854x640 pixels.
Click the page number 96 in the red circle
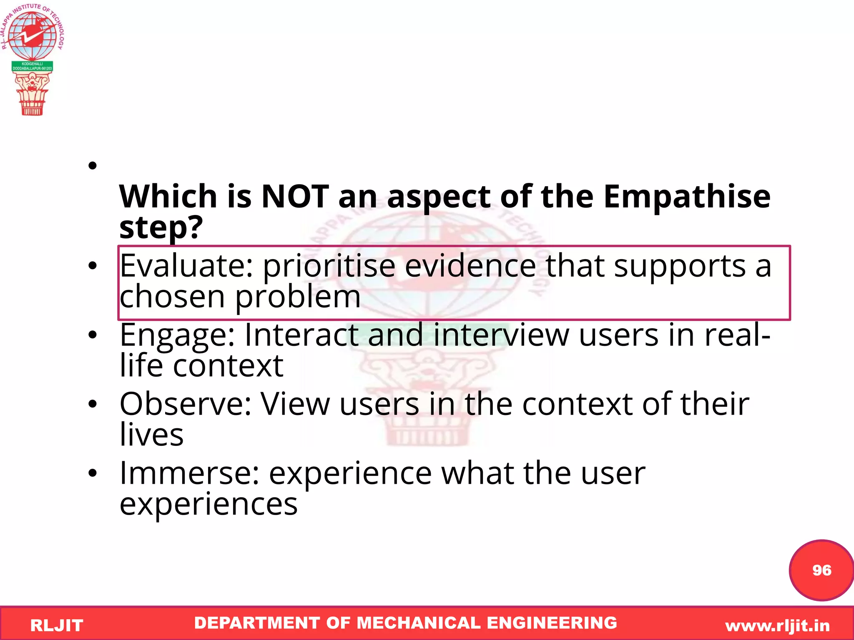click(x=821, y=570)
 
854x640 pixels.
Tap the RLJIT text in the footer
click(x=57, y=625)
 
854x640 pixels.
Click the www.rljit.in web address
click(x=777, y=625)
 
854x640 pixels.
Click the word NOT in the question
click(x=295, y=197)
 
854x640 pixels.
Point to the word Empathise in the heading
click(x=687, y=197)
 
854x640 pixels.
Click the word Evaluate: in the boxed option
click(x=186, y=266)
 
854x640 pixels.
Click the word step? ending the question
click(x=161, y=228)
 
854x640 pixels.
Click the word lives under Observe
click(x=151, y=435)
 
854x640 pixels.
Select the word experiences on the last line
click(x=208, y=504)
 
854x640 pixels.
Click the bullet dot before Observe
click(x=93, y=404)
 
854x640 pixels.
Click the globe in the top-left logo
click(x=32, y=35)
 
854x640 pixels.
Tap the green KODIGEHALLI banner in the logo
click(x=32, y=66)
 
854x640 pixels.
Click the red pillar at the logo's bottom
click(x=32, y=96)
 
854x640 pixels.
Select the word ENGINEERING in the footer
click(x=552, y=623)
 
